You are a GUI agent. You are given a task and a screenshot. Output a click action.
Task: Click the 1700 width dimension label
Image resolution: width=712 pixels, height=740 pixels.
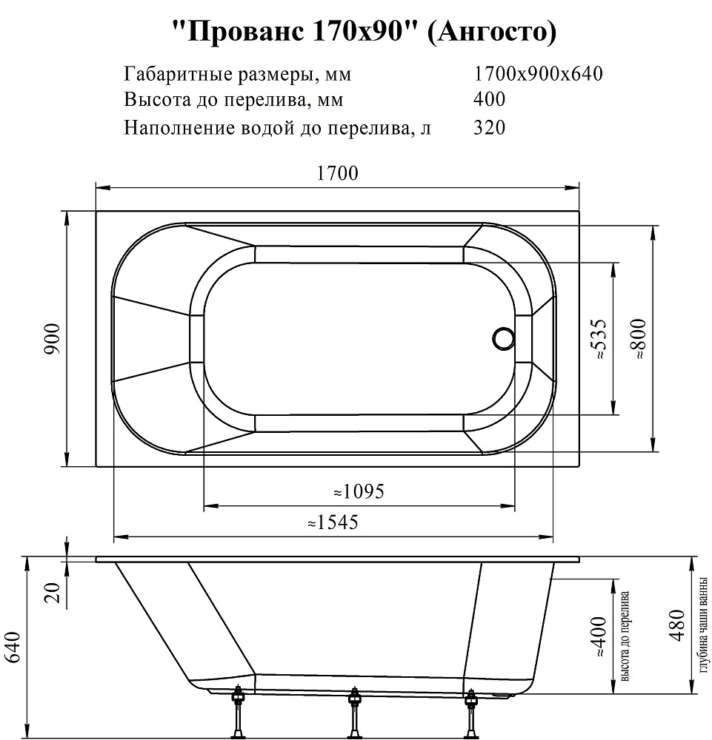point(337,173)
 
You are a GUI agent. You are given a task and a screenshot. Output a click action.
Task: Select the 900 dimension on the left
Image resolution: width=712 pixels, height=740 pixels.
point(52,338)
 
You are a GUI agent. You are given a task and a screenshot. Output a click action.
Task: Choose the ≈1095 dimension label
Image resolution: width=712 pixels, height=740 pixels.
point(359,491)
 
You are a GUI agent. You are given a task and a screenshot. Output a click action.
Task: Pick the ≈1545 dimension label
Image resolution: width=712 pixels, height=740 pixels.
point(333,522)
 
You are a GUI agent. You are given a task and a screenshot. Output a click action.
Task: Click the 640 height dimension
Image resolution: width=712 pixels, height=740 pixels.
point(13,647)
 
